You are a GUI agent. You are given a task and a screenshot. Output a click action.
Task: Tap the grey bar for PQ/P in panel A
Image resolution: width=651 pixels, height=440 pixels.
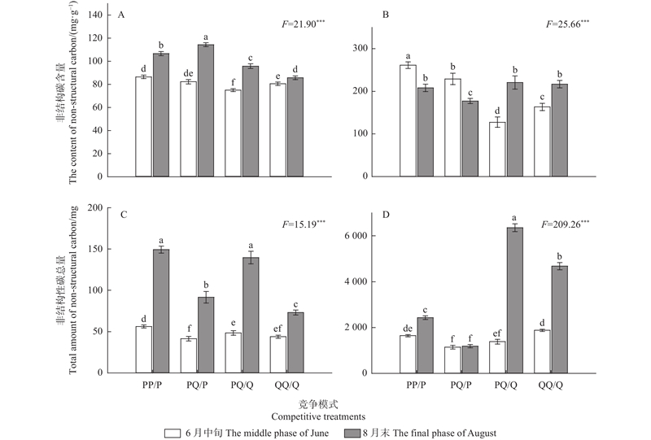click(x=206, y=111)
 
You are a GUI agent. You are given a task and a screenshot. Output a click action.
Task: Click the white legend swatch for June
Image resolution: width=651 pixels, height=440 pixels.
click(x=172, y=433)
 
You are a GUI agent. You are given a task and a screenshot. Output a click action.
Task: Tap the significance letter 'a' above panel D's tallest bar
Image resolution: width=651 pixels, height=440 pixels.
click(x=514, y=217)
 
